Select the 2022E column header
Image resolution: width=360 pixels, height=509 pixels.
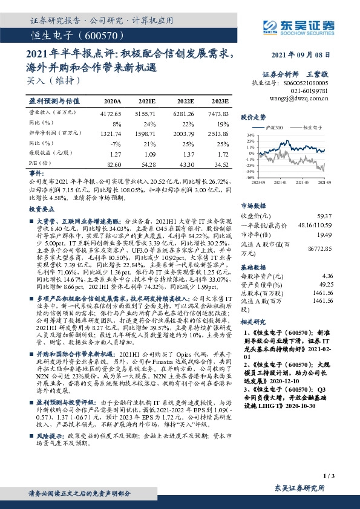pyautogui.click(x=186, y=102)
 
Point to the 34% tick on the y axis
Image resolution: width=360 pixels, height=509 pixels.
pyautogui.click(x=249, y=135)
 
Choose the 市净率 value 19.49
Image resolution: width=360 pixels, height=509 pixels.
pyautogui.click(x=326, y=235)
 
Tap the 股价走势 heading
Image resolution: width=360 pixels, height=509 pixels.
pyautogui.click(x=254, y=116)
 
